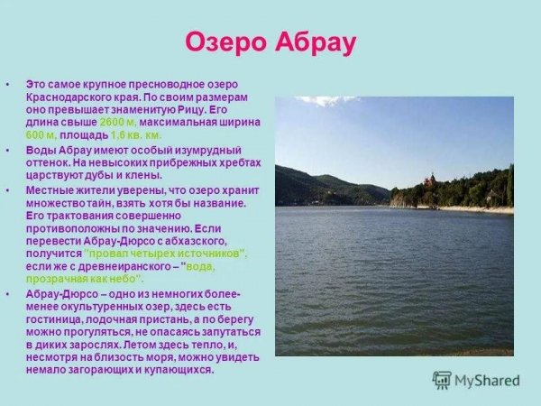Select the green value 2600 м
tap(119, 121)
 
